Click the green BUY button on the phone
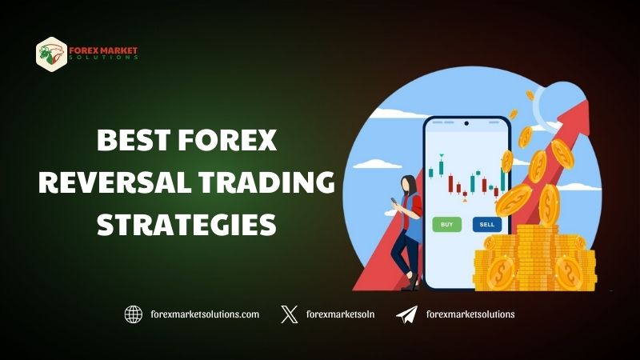(447, 225)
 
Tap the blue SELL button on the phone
(487, 225)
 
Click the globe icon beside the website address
(134, 314)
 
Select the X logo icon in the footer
(290, 314)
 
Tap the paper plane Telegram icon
(406, 314)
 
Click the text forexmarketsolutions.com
(205, 314)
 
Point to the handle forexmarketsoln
(341, 314)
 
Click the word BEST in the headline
(133, 140)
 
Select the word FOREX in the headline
(228, 140)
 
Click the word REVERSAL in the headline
(115, 182)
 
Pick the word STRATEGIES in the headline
(186, 225)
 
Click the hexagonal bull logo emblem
(51, 54)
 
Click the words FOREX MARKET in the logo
(103, 50)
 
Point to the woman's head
(409, 186)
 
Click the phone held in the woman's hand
(394, 202)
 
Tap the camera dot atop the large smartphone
(466, 123)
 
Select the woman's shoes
(411, 282)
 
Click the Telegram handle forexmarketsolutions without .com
(470, 314)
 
